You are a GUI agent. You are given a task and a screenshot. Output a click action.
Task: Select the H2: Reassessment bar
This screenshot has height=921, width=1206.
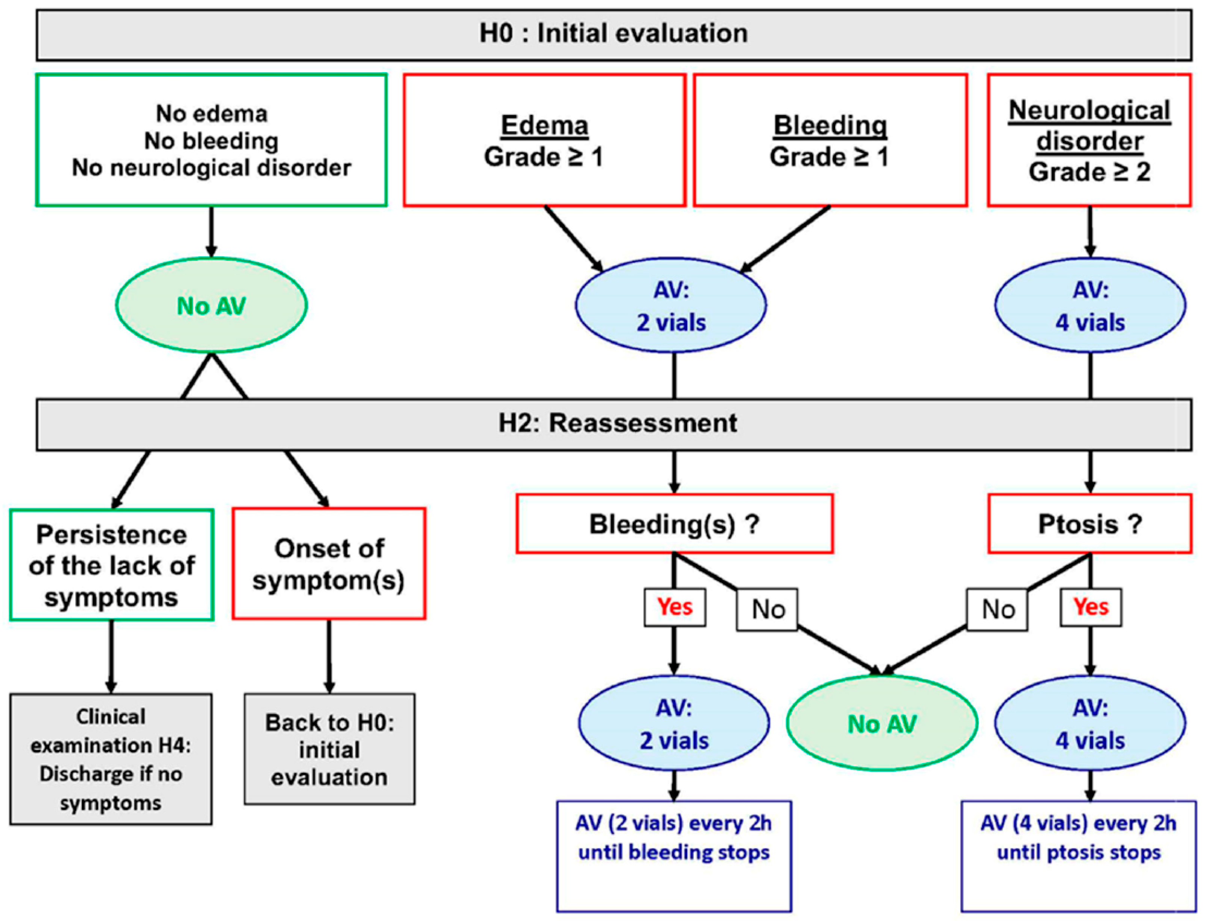(x=614, y=424)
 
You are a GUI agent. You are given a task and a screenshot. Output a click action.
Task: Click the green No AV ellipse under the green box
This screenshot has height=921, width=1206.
(x=212, y=305)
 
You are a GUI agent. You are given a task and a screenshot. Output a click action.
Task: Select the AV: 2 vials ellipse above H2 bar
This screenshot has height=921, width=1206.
(x=671, y=305)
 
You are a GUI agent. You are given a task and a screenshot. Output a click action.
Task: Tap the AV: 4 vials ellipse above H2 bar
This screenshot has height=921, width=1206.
(x=1090, y=305)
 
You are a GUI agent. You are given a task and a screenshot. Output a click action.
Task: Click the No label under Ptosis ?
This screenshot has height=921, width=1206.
(x=997, y=609)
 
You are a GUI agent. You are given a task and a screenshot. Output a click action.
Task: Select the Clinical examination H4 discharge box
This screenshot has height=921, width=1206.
(x=111, y=759)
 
